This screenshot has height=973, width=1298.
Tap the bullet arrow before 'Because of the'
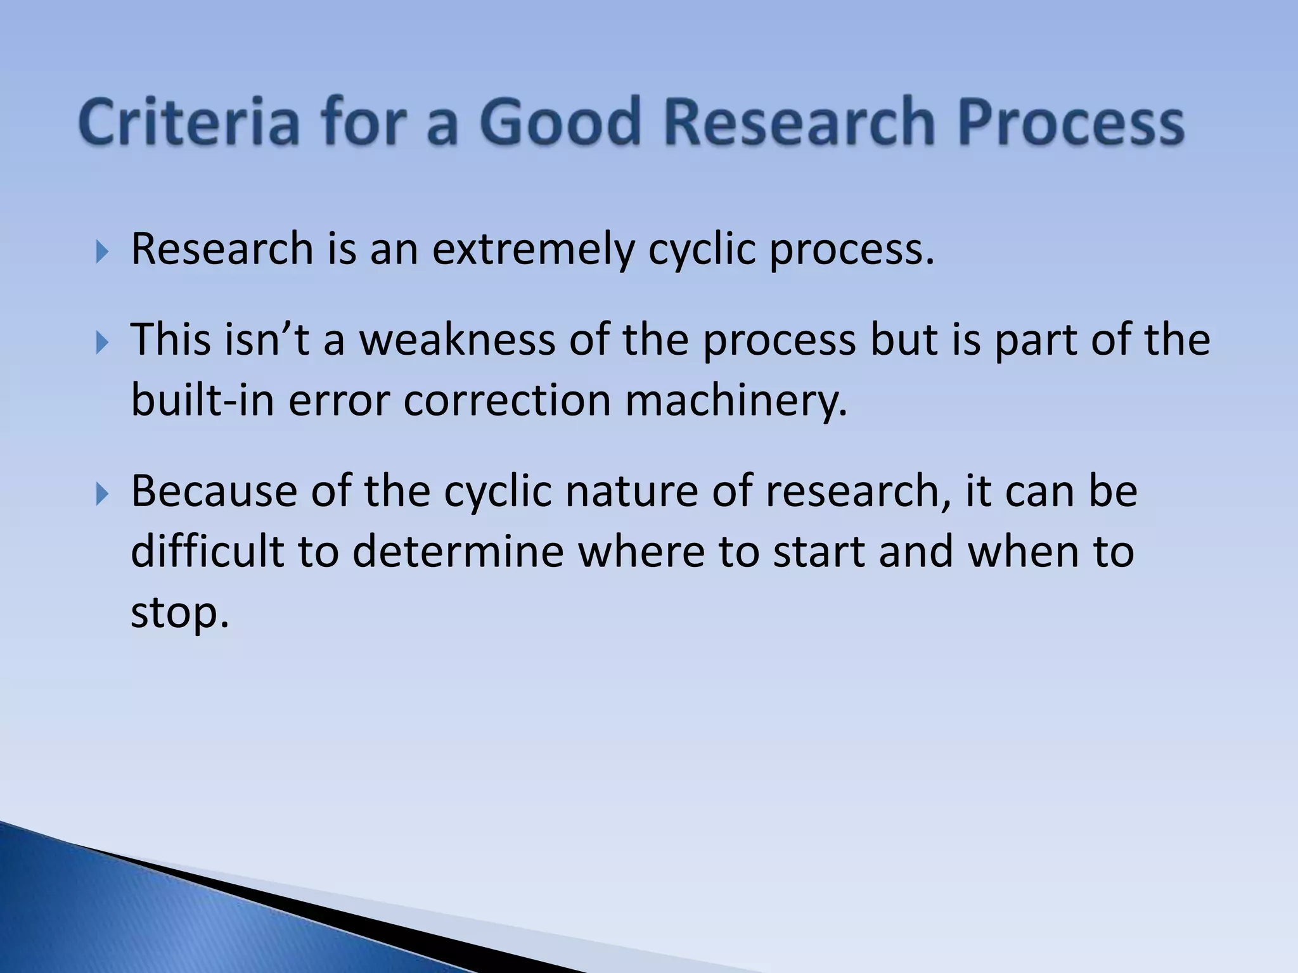[x=102, y=493]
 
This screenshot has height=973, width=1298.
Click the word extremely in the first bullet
[x=532, y=250]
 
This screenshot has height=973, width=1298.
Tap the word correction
[x=506, y=400]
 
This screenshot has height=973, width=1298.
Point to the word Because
[x=214, y=491]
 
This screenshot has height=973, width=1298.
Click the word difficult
[x=207, y=550]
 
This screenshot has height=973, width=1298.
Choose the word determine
[x=458, y=550]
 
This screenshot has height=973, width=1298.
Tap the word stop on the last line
[x=179, y=613]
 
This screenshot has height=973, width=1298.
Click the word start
[x=818, y=551]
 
